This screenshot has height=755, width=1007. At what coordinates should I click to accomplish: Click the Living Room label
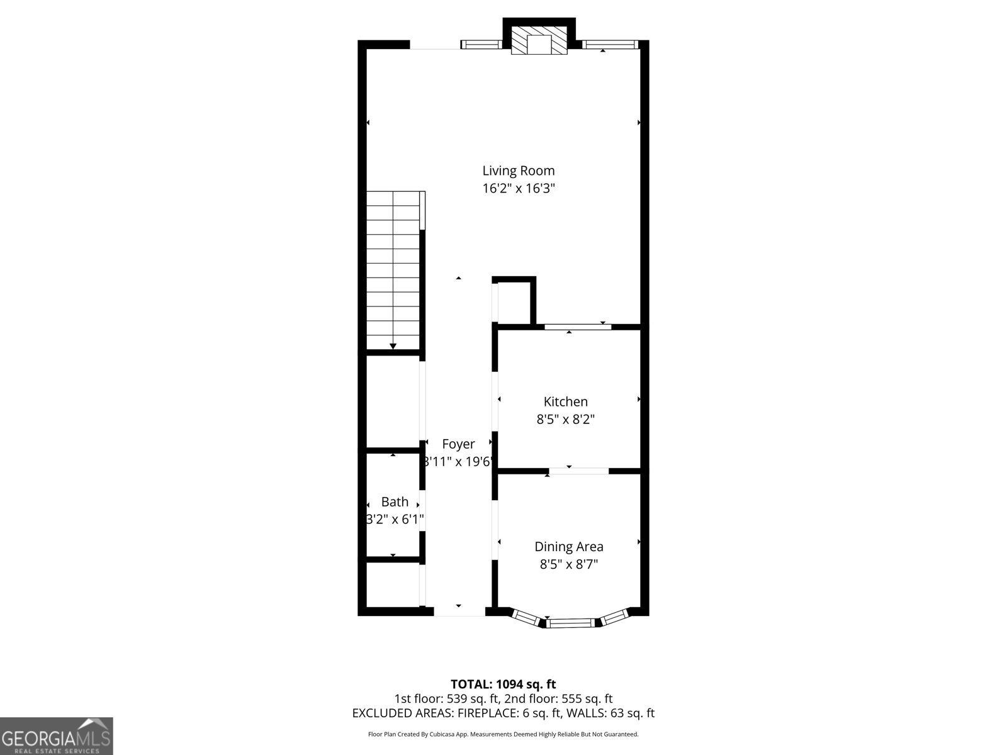tap(518, 171)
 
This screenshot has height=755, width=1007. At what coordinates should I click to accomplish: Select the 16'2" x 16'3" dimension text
tap(518, 188)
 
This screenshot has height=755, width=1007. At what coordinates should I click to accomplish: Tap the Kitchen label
tap(565, 401)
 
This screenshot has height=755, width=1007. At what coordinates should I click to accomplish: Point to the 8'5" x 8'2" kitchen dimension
tap(565, 419)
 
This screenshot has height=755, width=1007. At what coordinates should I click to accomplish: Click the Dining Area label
tap(568, 547)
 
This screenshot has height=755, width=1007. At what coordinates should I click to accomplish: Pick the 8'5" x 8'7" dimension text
tap(568, 564)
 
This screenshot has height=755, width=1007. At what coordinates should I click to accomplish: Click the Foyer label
tap(458, 444)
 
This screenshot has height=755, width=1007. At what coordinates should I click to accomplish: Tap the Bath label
tap(395, 502)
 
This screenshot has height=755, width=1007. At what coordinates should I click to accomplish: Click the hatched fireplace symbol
tap(539, 41)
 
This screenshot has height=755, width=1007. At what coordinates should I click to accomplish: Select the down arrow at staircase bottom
tap(393, 345)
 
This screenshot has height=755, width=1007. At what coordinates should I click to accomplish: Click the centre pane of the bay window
tap(570, 623)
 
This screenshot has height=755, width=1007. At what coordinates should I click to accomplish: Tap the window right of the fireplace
tap(610, 45)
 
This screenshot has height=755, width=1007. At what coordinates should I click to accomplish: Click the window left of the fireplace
tap(481, 45)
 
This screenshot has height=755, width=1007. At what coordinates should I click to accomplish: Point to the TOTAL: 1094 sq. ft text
tap(503, 684)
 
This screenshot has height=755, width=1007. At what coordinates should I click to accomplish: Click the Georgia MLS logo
tap(57, 736)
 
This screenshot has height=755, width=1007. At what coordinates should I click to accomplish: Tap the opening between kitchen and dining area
tap(578, 471)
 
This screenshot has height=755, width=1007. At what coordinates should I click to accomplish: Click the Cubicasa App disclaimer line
tap(503, 734)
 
